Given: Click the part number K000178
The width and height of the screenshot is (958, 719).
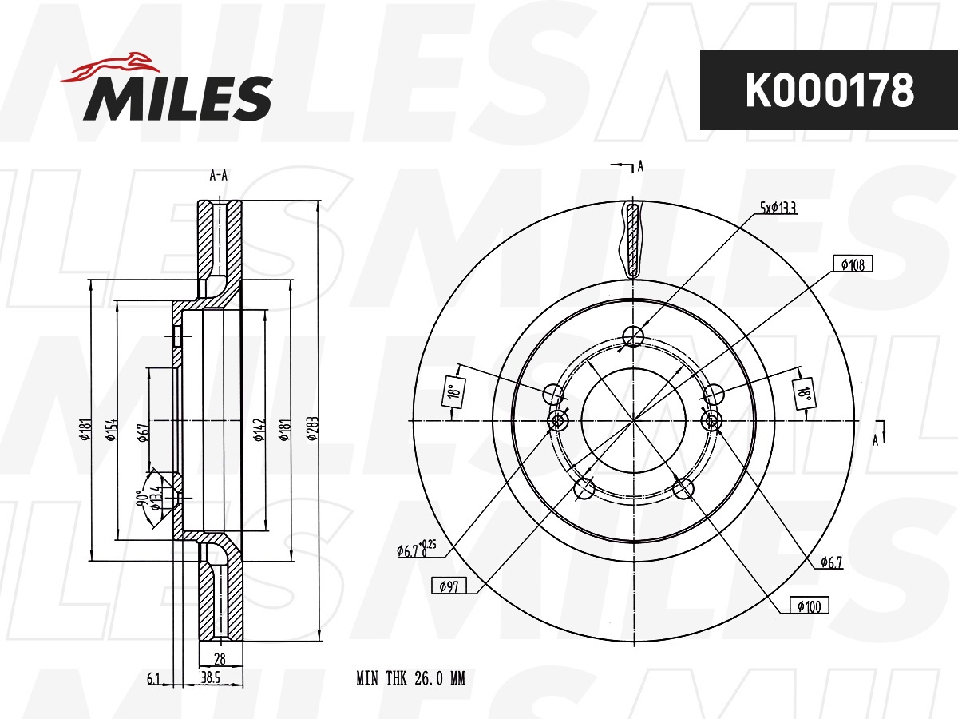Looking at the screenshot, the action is [829, 90].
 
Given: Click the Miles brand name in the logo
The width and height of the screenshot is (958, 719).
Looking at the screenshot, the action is [178, 98].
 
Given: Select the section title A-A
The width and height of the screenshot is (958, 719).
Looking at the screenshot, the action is [218, 176].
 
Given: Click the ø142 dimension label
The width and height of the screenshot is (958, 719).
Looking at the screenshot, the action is [259, 430].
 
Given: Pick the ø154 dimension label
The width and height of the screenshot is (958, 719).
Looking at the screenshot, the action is [111, 430].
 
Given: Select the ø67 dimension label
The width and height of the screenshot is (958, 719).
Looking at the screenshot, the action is [144, 432].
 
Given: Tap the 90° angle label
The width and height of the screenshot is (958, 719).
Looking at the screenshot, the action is [141, 497].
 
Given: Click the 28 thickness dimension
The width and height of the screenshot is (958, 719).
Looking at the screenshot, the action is [220, 658].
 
